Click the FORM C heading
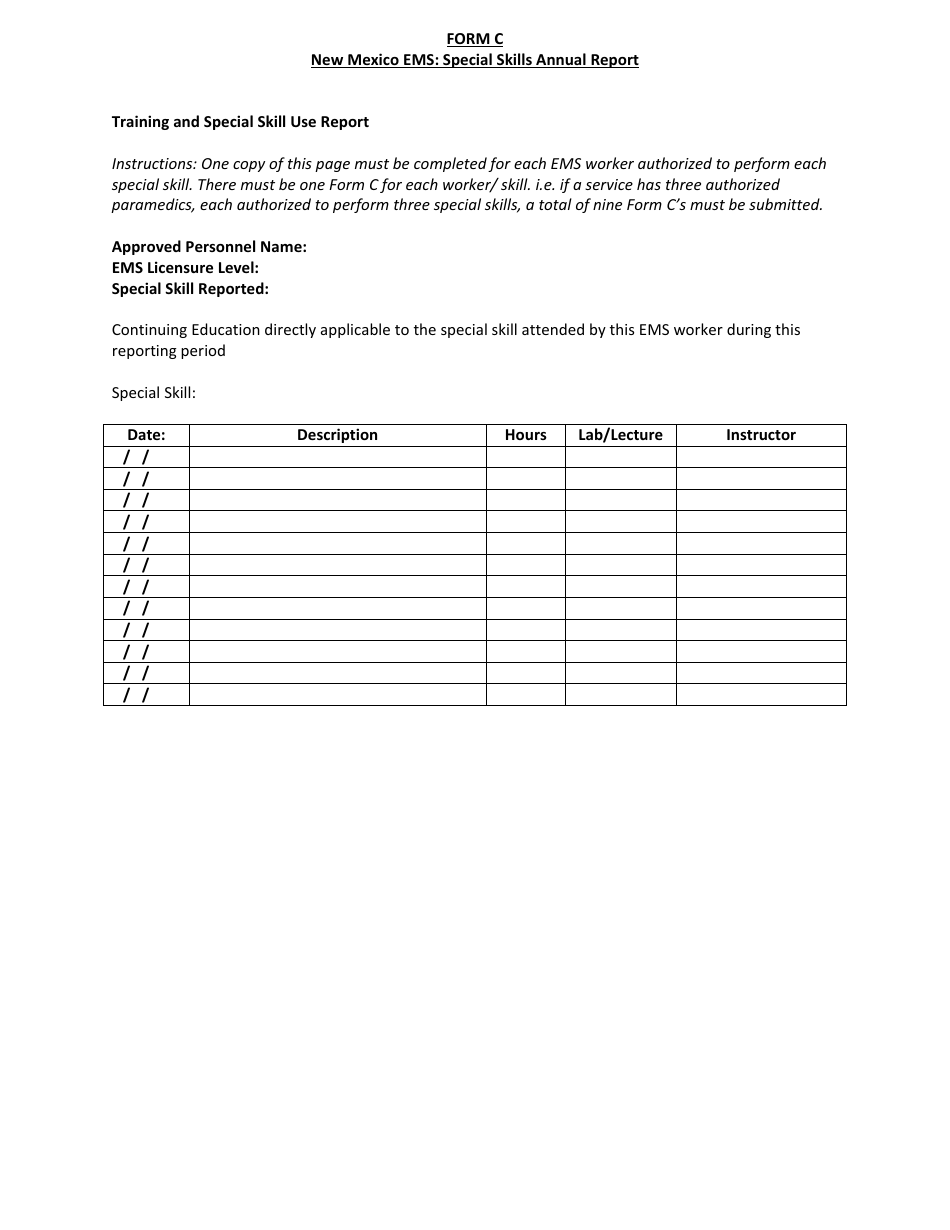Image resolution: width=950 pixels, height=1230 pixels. pos(474,39)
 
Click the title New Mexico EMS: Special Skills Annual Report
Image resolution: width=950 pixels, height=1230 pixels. pos(474,60)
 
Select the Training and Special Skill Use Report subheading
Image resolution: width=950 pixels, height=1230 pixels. pos(240,122)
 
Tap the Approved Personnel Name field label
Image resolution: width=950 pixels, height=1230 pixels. pos(209,247)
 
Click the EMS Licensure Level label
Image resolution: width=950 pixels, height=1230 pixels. pos(185,268)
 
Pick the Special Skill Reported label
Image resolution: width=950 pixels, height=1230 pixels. pos(190,289)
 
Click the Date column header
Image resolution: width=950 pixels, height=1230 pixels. pos(146,435)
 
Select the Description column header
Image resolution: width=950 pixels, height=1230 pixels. pos(337,435)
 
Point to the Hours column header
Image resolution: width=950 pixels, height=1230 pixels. pos(525,435)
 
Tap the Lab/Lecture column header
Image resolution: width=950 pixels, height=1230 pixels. pos(620,435)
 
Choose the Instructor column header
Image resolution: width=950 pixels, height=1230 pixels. pos(760,435)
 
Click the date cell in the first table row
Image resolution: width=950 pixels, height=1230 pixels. pos(146,457)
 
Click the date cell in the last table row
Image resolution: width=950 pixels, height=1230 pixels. pos(146,695)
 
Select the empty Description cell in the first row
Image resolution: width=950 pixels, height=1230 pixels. pos(337,457)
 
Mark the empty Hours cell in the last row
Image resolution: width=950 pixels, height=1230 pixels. pos(525,695)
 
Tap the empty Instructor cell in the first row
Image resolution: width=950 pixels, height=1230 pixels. pos(760,457)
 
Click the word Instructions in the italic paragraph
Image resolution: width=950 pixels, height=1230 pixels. pos(153,164)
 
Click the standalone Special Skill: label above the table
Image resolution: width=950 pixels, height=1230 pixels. pos(153,393)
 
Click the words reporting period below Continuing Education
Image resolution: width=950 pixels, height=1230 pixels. pos(168,351)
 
